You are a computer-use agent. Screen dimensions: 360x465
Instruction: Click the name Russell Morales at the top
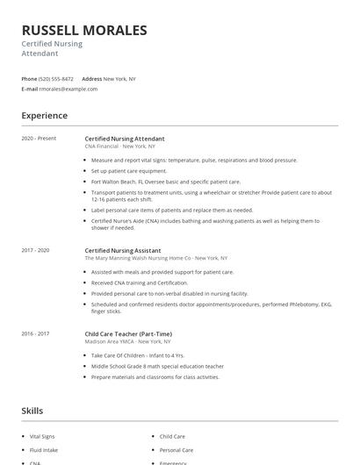pyautogui.click(x=84, y=31)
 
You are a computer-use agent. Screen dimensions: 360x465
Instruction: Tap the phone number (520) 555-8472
pyautogui.click(x=56, y=79)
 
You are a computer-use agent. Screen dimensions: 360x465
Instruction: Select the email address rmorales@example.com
pyautogui.click(x=68, y=89)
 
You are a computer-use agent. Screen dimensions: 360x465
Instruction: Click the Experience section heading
pyautogui.click(x=44, y=115)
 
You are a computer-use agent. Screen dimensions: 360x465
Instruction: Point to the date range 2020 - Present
pyautogui.click(x=39, y=138)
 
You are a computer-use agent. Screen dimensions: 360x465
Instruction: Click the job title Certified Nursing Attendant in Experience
pyautogui.click(x=124, y=138)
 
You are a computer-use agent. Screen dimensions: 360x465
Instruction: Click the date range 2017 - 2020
pyautogui.click(x=37, y=250)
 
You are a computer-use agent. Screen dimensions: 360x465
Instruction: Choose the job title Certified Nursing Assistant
pyautogui.click(x=122, y=250)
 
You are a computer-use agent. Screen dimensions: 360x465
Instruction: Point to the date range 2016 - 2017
pyautogui.click(x=37, y=333)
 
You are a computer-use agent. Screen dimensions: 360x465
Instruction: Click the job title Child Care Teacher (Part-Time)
pyautogui.click(x=127, y=333)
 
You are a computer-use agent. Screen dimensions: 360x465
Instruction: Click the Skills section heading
pyautogui.click(x=32, y=410)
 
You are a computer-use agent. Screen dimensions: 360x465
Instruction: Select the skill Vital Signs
pyautogui.click(x=43, y=435)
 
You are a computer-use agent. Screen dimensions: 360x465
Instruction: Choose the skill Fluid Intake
pyautogui.click(x=44, y=449)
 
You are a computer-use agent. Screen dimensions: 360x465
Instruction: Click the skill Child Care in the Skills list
pyautogui.click(x=172, y=435)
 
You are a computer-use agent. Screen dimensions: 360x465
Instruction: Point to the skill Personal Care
pyautogui.click(x=176, y=449)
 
